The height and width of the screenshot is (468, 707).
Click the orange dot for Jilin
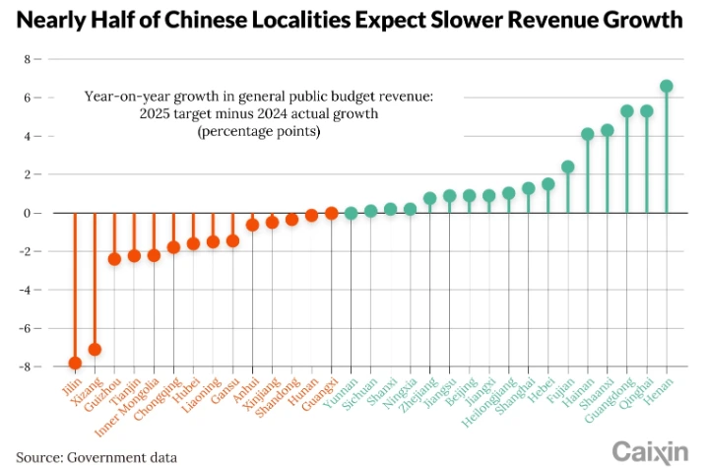click(x=75, y=363)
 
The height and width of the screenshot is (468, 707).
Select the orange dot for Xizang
click(x=95, y=350)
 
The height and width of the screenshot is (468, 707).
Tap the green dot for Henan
click(x=667, y=87)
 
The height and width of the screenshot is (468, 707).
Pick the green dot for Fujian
click(x=568, y=167)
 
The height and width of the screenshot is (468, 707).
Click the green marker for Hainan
click(x=588, y=134)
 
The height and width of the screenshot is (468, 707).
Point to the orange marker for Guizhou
click(x=114, y=259)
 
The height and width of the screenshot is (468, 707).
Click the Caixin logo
click(x=650, y=451)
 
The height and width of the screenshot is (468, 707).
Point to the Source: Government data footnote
click(x=96, y=457)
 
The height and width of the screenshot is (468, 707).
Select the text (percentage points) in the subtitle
click(x=259, y=132)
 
